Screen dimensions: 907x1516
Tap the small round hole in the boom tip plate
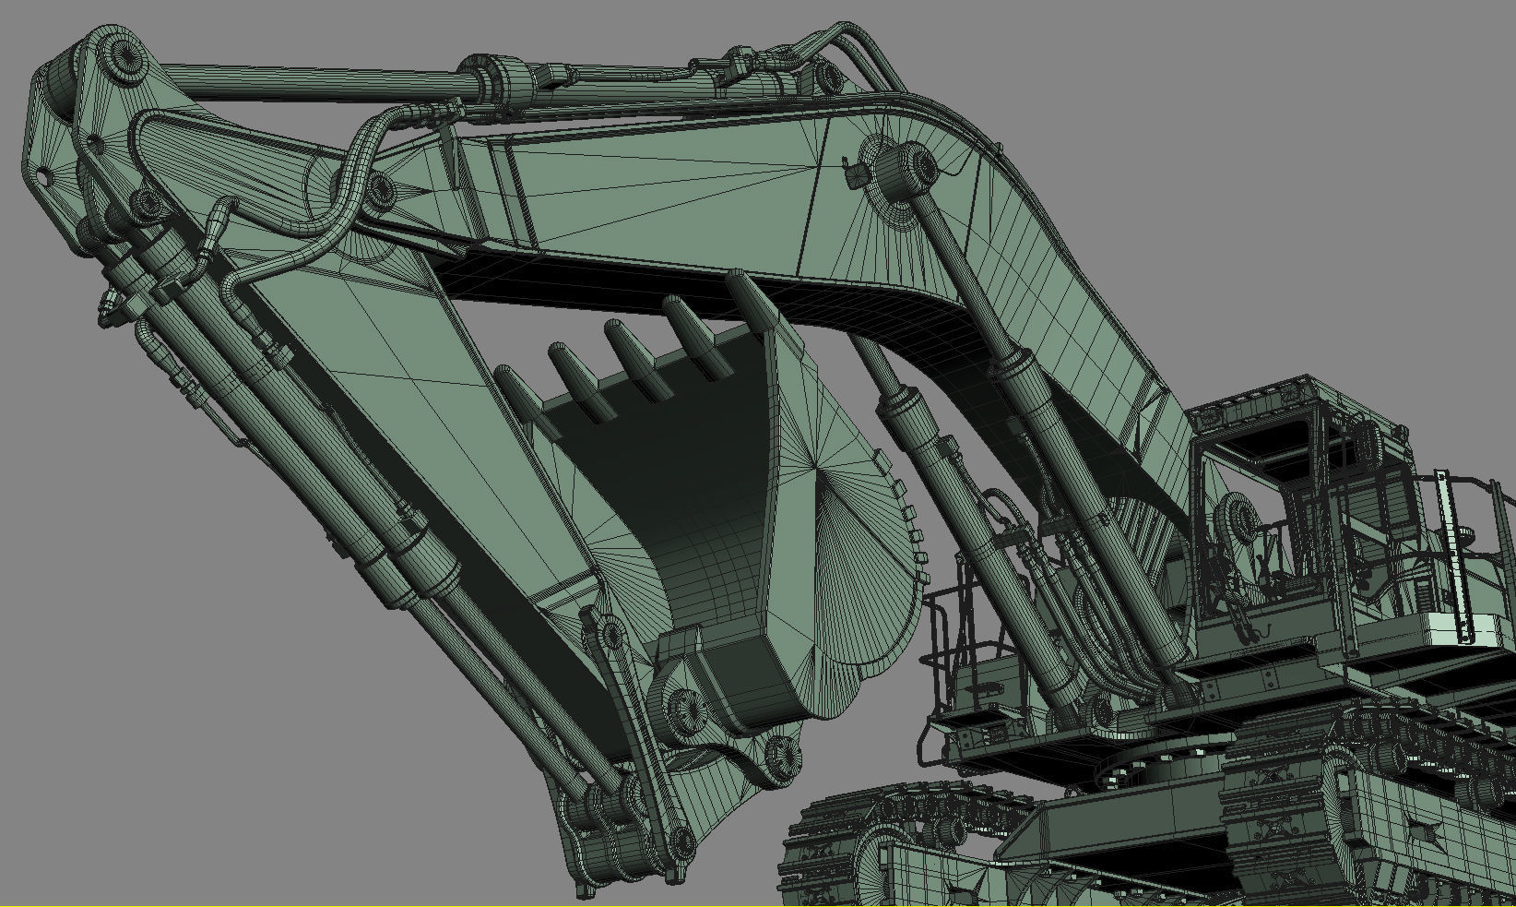click(41, 175)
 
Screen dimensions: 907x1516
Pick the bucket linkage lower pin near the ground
click(682, 840)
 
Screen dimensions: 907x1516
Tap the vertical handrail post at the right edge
click(1452, 554)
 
